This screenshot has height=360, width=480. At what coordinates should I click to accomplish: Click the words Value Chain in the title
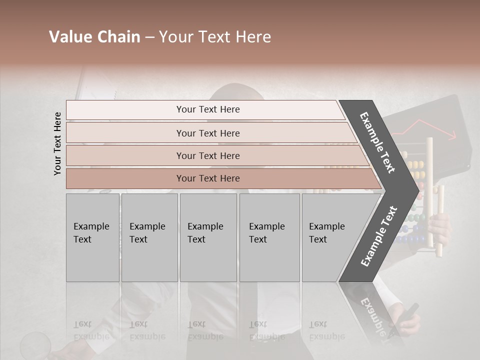pyautogui.click(x=94, y=37)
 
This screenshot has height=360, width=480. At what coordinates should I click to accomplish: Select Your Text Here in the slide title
pyautogui.click(x=215, y=37)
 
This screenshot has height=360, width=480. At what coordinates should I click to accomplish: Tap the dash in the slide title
pyautogui.click(x=149, y=37)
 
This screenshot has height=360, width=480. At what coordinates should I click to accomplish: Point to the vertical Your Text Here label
pyautogui.click(x=58, y=143)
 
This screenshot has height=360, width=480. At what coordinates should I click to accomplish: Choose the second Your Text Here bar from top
pyautogui.click(x=208, y=133)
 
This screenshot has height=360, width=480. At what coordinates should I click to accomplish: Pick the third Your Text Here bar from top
pyautogui.click(x=208, y=155)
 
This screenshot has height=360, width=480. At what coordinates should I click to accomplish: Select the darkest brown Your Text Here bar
pyautogui.click(x=208, y=178)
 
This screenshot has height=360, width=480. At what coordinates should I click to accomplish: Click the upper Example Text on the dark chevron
pyautogui.click(x=377, y=142)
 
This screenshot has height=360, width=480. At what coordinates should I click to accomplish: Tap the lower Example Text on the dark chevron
pyautogui.click(x=379, y=236)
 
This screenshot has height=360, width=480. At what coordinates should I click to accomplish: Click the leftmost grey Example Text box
pyautogui.click(x=92, y=237)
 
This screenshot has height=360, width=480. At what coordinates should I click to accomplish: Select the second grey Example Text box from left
pyautogui.click(x=149, y=237)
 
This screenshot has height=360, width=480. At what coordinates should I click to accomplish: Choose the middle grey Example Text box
pyautogui.click(x=208, y=237)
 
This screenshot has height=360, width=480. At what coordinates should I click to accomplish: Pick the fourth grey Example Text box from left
pyautogui.click(x=269, y=237)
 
